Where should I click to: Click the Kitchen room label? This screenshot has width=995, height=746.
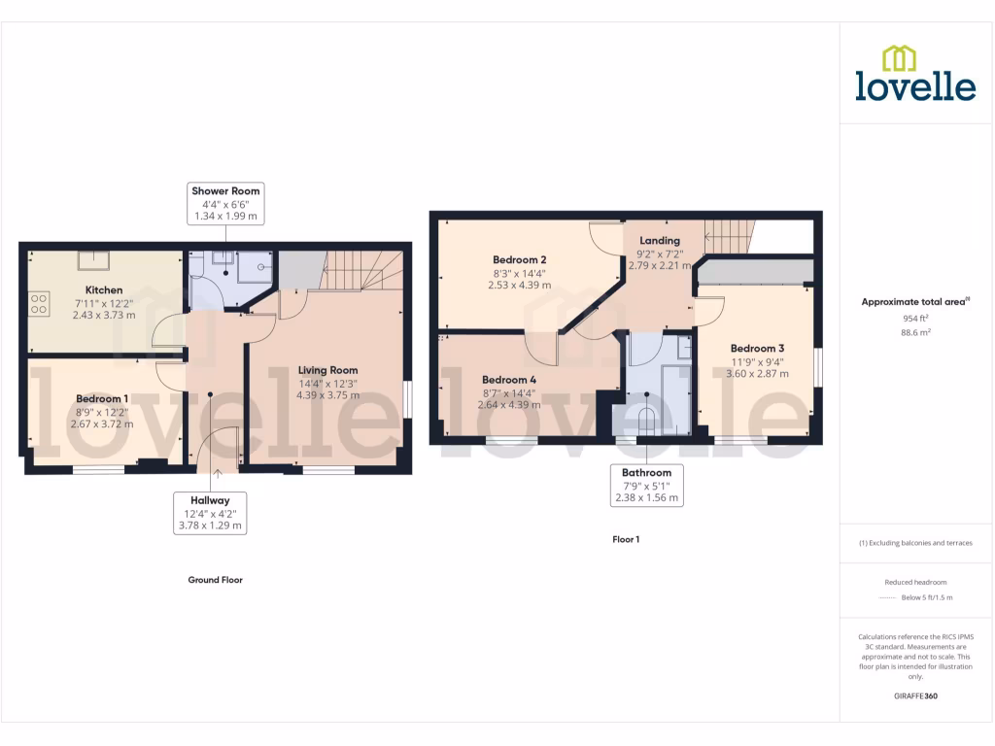point(104,290)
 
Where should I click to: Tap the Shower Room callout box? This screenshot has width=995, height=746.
point(225,204)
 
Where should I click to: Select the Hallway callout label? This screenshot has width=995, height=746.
point(210,512)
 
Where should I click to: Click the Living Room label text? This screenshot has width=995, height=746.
point(327,370)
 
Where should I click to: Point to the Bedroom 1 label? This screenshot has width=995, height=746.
point(102,399)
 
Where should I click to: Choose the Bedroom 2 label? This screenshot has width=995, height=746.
point(519,260)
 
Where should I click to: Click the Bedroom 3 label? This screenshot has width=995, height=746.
point(757,349)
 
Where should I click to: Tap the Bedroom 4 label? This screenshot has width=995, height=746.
point(508,380)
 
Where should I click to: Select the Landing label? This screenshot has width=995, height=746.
point(659,241)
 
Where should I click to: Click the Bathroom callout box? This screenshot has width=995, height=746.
point(646,485)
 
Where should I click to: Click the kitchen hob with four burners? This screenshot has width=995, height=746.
point(39,305)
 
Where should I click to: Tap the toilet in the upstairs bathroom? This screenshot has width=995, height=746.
point(647,418)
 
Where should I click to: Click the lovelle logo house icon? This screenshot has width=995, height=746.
point(899,59)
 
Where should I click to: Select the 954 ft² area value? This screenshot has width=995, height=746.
point(915,318)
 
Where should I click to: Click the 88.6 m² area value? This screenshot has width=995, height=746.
point(915,332)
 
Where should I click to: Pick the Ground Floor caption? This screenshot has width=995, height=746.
point(215,580)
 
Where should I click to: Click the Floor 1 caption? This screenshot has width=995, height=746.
point(626,539)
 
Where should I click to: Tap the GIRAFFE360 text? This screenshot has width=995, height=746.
point(915,696)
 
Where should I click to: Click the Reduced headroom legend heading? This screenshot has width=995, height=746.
point(915,582)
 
